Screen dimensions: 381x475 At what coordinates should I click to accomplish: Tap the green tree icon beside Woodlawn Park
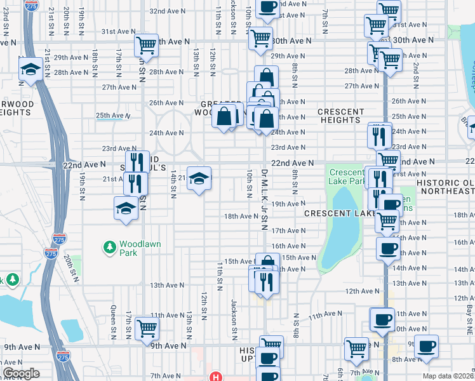point(110,246)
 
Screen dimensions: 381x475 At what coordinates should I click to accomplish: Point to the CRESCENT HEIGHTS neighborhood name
point(340,116)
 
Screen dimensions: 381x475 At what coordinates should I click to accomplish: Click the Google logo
point(21,373)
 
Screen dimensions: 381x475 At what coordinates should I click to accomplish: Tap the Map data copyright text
point(448,376)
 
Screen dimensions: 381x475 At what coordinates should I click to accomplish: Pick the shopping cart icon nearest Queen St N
point(147,328)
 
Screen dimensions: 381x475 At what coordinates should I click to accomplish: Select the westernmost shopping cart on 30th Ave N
point(146,45)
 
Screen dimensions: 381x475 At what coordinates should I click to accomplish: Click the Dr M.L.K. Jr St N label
point(262,197)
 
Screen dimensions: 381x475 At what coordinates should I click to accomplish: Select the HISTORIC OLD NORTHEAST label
point(446,187)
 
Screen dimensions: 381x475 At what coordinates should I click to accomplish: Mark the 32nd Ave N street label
point(167,11)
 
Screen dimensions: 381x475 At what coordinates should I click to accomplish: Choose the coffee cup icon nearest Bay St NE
point(426,345)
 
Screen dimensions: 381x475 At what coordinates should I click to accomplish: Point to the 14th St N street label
point(172,184)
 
